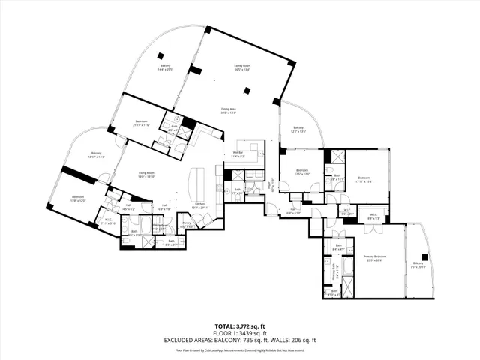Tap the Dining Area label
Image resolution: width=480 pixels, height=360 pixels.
coord(230,110)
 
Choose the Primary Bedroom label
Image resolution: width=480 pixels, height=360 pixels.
coord(375,258)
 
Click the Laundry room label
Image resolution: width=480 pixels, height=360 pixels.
coord(159,226)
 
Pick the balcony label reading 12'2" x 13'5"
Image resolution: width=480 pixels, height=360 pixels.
coord(298,130)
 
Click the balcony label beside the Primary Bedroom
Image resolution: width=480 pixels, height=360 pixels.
coord(418,265)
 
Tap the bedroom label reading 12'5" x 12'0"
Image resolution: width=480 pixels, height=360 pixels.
coord(301,172)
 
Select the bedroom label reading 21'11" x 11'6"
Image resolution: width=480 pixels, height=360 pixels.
coord(141,123)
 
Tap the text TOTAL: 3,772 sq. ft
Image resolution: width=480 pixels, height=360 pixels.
coord(239,326)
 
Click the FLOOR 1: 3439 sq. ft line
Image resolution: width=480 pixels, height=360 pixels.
coord(239,333)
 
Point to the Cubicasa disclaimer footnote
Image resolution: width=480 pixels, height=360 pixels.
coord(239,349)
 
